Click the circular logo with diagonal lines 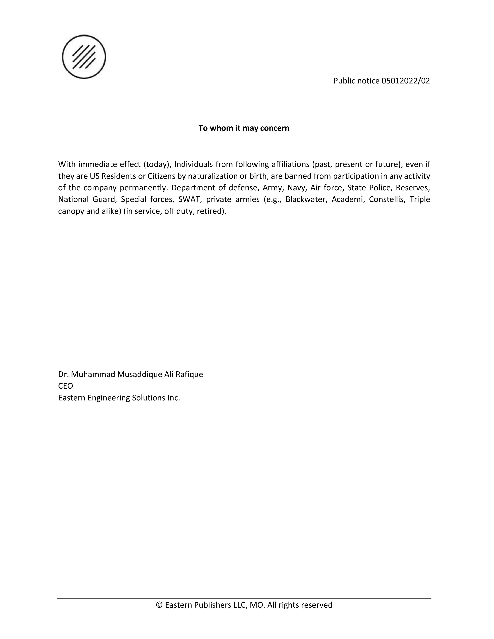pyautogui.click(x=84, y=57)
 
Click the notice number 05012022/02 pyautogui.click(x=406, y=81)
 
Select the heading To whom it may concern pyautogui.click(x=244, y=128)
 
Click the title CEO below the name pyautogui.click(x=65, y=386)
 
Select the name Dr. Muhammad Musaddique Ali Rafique pyautogui.click(x=131, y=374)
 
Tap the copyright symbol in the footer pyautogui.click(x=159, y=605)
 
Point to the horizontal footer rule pyautogui.click(x=244, y=598)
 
